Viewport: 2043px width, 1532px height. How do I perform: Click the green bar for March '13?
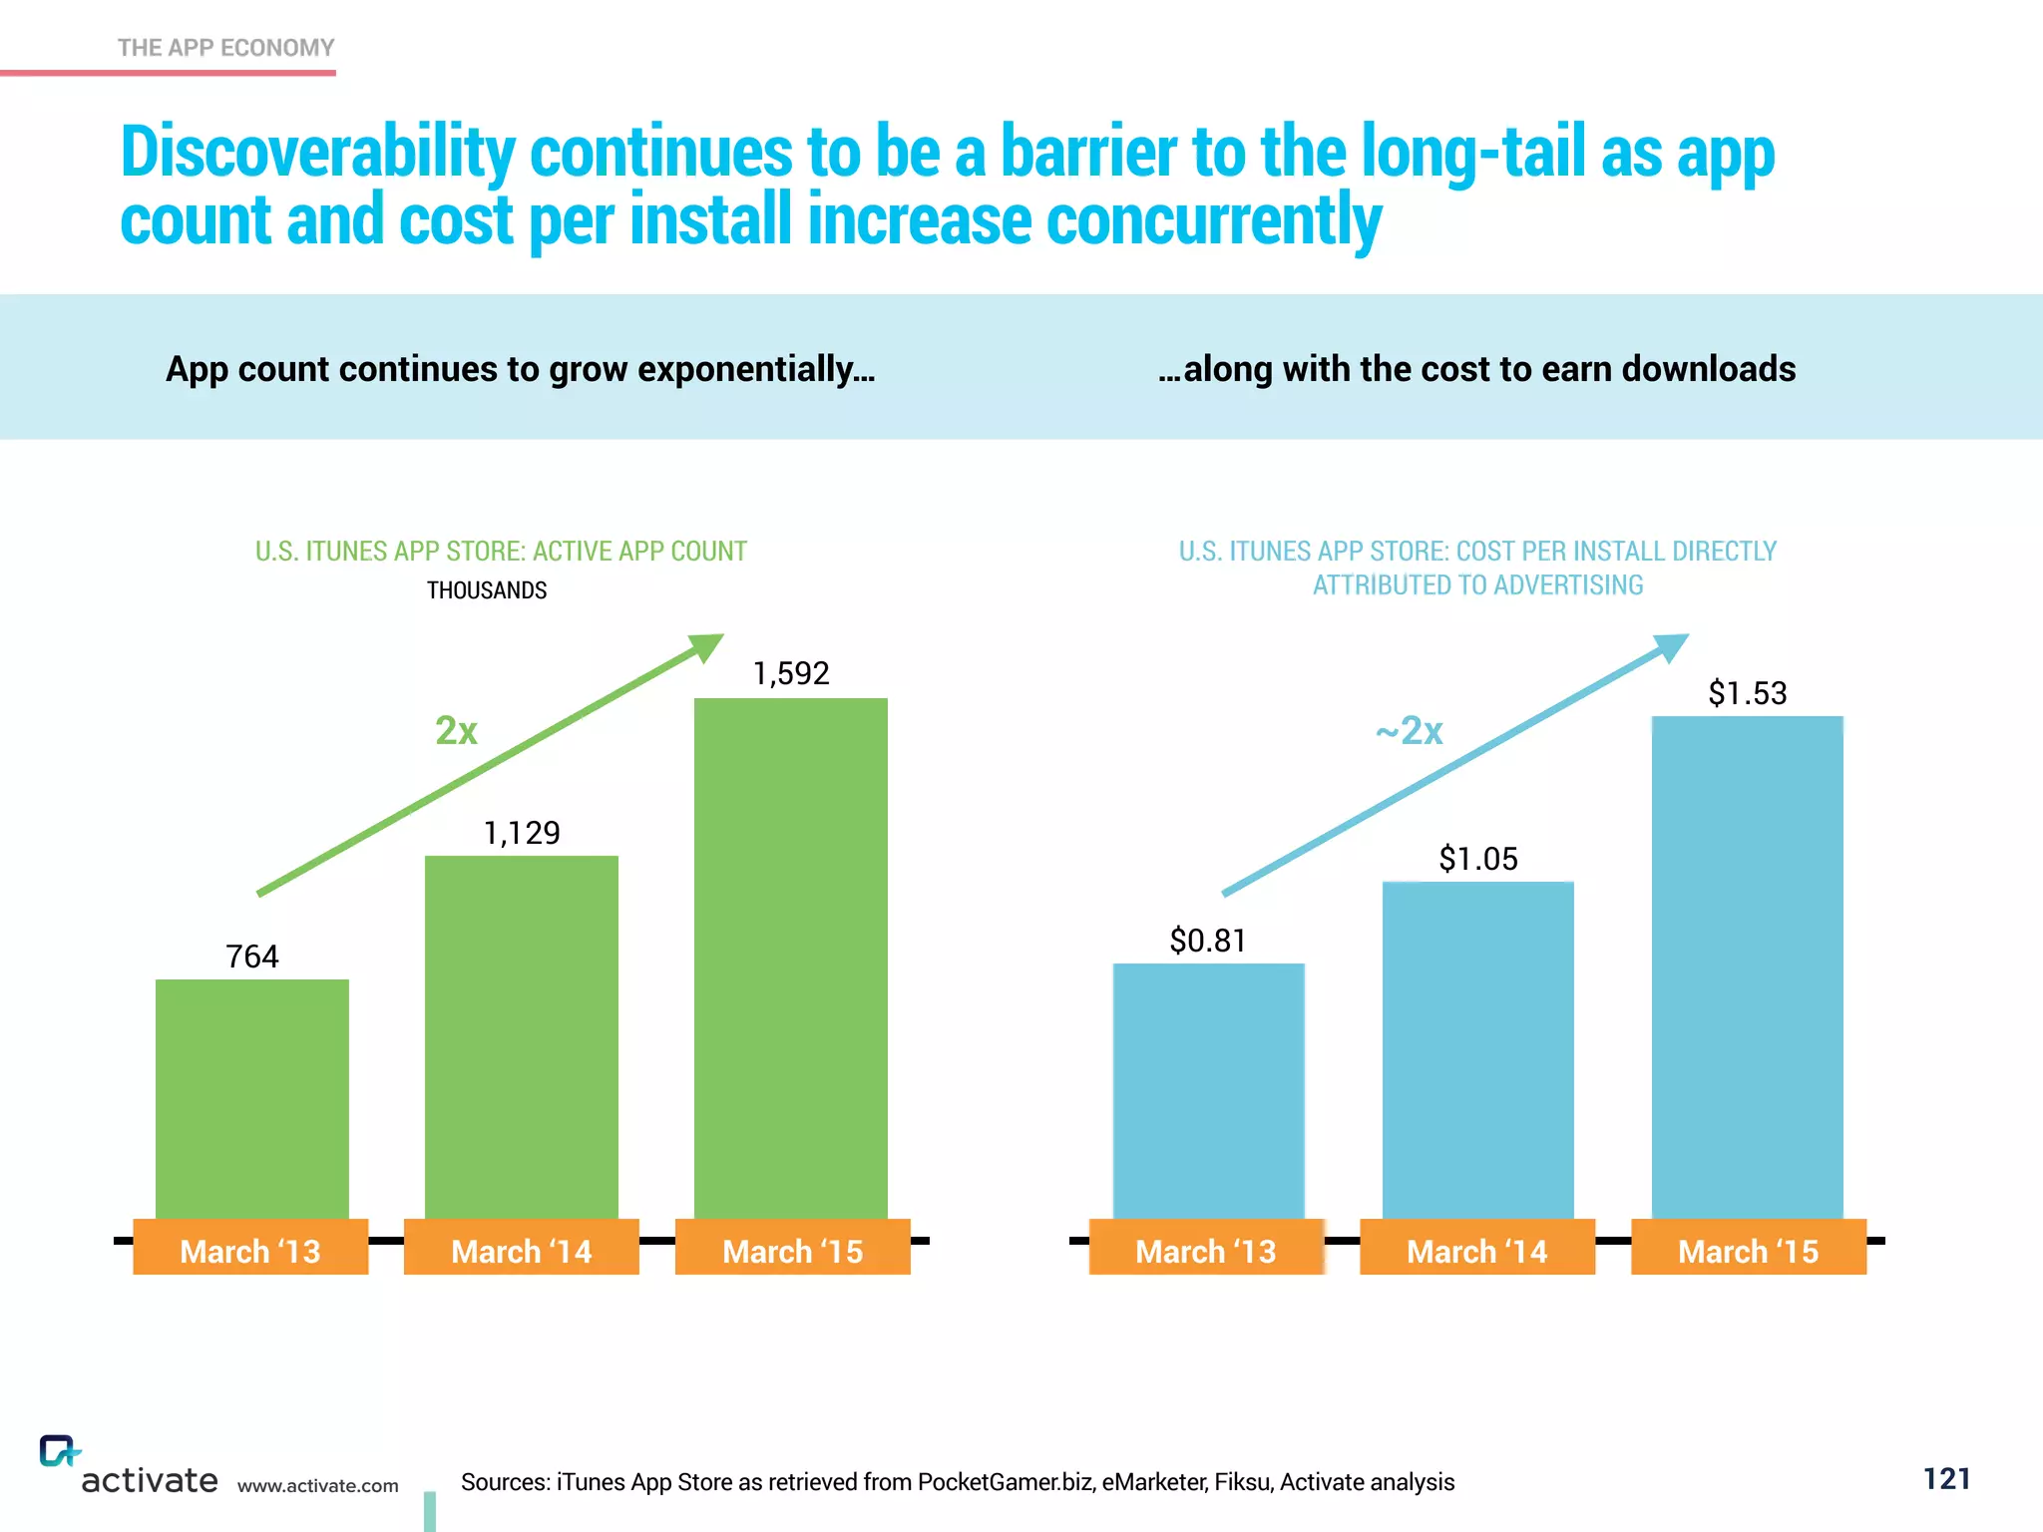[252, 1097]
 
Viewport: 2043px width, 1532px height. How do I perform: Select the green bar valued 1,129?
[522, 1037]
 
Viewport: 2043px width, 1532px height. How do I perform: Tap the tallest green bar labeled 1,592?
[791, 957]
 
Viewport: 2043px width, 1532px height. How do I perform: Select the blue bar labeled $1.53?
[1747, 967]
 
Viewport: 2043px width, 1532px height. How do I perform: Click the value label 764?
[252, 957]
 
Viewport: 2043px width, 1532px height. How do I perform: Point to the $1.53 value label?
[1747, 693]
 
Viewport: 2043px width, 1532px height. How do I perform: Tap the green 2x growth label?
[456, 731]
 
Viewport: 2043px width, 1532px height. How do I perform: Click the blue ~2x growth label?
[1409, 731]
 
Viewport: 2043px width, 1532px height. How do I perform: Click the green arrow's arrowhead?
[707, 647]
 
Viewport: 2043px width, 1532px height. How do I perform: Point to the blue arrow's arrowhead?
[1673, 647]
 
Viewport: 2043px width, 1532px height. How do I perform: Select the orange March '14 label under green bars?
[522, 1250]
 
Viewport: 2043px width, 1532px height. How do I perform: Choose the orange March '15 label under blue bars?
[1748, 1250]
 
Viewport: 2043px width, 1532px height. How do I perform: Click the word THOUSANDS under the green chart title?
[487, 590]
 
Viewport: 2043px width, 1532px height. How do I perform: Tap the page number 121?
[1946, 1478]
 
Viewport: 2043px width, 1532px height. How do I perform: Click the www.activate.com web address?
[317, 1485]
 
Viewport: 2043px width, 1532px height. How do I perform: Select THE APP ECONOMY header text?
[225, 48]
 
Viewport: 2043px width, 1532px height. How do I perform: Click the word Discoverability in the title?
[317, 153]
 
